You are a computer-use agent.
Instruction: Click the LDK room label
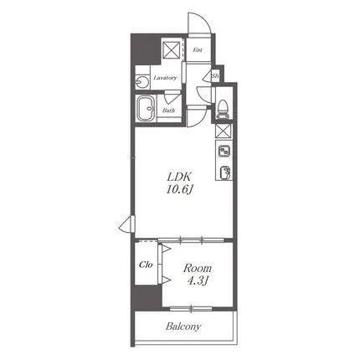click(179, 177)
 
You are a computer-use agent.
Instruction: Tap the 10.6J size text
click(180, 191)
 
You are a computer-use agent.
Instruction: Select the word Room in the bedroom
click(198, 269)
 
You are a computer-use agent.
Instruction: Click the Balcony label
click(183, 327)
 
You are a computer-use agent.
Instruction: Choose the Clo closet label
click(146, 265)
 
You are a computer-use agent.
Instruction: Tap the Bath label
click(168, 111)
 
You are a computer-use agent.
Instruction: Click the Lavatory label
click(165, 78)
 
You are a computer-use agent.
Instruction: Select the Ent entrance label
click(198, 50)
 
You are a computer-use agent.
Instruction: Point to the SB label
click(215, 75)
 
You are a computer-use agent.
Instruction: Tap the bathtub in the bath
click(146, 109)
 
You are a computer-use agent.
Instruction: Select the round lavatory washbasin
click(142, 82)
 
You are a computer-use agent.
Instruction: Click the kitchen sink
click(225, 172)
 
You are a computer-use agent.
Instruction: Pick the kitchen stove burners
click(224, 152)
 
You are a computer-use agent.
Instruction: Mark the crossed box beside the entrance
click(172, 50)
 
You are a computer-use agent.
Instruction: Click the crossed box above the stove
click(224, 131)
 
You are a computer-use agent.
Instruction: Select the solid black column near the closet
click(148, 298)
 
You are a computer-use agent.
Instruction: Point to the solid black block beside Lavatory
click(145, 49)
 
